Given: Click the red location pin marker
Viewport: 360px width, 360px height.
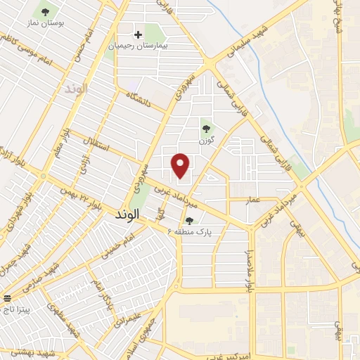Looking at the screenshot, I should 181,165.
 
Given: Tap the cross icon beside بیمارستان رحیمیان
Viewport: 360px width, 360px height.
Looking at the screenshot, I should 138,34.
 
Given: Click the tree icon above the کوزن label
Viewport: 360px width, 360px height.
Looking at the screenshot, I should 206,129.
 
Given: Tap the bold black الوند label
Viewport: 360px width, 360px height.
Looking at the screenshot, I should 131,219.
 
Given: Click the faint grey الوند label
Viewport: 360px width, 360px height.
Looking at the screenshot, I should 74,90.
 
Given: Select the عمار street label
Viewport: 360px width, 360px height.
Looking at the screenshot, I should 253,200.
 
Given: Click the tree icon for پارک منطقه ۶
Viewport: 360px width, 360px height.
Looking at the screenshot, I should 188,221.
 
